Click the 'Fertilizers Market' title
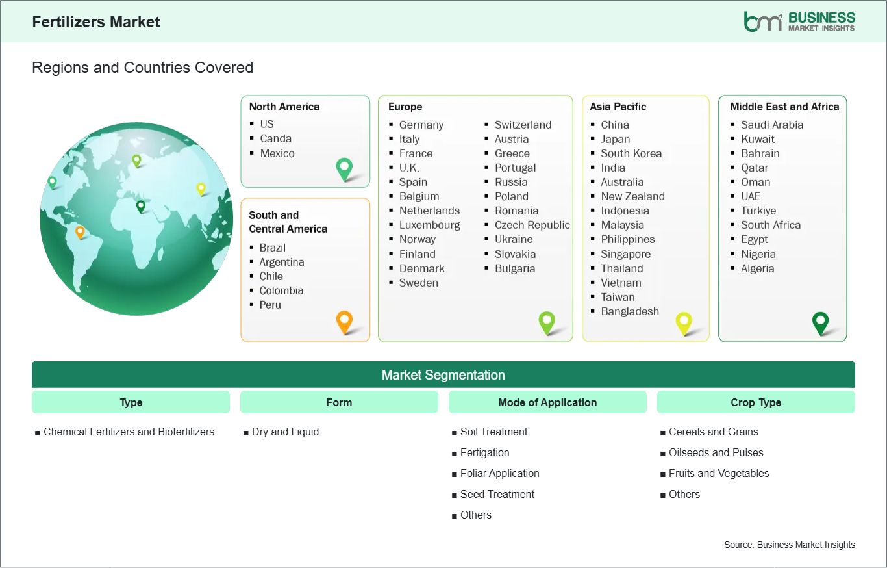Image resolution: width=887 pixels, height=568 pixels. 96,22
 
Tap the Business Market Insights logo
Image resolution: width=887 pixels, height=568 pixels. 799,21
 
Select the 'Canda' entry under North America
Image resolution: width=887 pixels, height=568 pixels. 275,138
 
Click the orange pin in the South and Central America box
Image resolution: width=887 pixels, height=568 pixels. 344,322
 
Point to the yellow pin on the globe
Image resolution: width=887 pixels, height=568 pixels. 201,189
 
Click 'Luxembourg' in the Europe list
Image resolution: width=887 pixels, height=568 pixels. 430,225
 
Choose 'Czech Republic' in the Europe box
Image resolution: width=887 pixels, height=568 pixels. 532,225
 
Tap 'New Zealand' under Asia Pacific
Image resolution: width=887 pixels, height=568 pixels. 632,196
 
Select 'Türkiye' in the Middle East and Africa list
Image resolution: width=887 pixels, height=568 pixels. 758,211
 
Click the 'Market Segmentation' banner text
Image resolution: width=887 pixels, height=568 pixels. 443,375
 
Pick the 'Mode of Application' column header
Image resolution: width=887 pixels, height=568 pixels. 547,402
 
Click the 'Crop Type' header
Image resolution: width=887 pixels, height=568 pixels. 756,402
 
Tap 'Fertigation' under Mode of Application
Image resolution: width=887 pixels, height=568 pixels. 484,453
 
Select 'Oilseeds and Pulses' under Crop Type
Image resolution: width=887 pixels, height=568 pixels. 716,453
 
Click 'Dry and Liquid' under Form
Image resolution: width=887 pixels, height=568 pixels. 285,432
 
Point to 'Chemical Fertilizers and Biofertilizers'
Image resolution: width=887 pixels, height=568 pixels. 129,432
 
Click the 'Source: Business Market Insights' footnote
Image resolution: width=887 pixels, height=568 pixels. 790,545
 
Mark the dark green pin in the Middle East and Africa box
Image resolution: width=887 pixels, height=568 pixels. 820,323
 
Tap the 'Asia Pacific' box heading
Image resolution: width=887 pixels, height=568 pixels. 618,107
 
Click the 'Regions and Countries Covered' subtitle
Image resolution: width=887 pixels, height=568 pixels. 143,68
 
